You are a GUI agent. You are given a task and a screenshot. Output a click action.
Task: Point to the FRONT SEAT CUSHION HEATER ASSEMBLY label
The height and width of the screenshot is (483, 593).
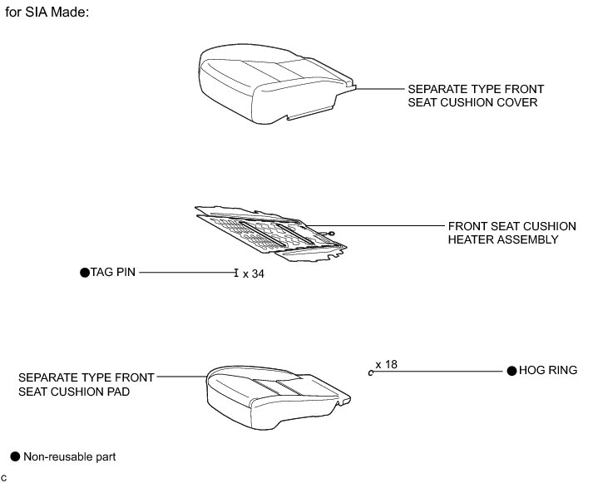pyautogui.click(x=502, y=233)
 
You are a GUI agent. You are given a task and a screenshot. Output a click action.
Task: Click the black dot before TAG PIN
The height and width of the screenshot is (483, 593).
pyautogui.click(x=84, y=272)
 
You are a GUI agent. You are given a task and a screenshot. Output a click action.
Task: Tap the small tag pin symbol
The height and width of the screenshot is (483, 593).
pyautogui.click(x=236, y=272)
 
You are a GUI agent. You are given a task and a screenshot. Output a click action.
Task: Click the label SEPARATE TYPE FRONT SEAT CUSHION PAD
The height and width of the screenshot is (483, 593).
pyautogui.click(x=74, y=383)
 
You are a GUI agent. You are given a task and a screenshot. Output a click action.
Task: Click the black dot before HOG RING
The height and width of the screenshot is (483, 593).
pyautogui.click(x=511, y=371)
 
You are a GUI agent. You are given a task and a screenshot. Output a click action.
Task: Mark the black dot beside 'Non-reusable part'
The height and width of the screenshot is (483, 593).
pyautogui.click(x=14, y=456)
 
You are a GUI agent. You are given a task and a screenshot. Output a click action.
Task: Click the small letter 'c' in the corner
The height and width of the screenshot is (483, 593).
pyautogui.click(x=4, y=476)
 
